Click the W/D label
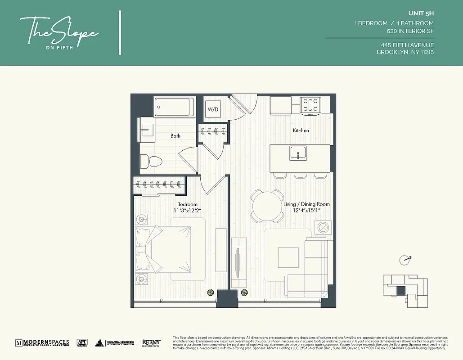[212, 109]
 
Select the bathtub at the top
[174, 107]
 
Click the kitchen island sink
[297, 153]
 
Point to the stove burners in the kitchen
[310, 105]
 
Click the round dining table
[267, 206]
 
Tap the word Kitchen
[301, 130]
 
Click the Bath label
[175, 135]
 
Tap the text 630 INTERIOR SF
[410, 31]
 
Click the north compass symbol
[405, 259]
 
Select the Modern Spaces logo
[42, 343]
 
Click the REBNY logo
[151, 343]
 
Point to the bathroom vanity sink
[146, 129]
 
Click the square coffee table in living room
[287, 257]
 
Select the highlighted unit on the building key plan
[400, 291]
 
